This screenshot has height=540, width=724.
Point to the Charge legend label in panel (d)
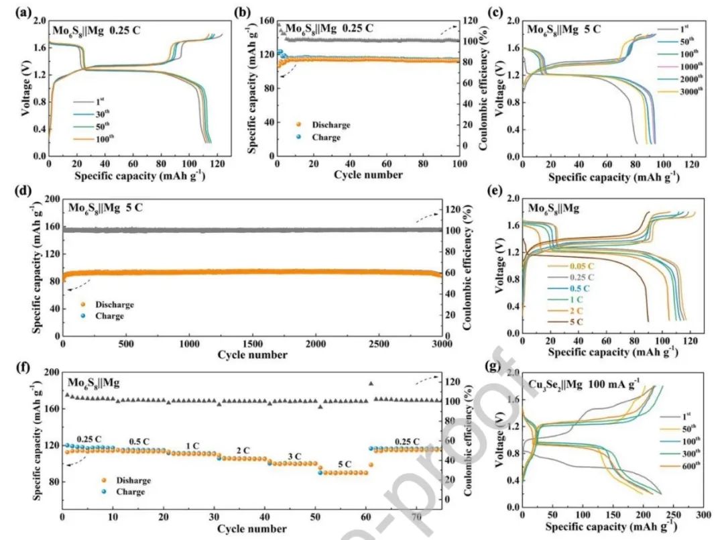109,316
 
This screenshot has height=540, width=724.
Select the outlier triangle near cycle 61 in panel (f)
371,384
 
